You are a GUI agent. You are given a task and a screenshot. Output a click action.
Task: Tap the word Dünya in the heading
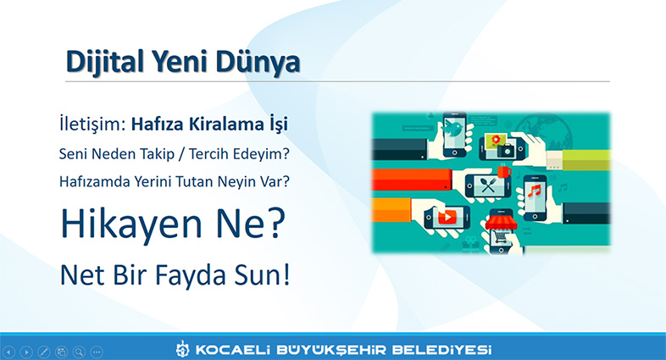(x=258, y=61)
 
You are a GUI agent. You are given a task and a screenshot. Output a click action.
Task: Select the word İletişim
(x=92, y=125)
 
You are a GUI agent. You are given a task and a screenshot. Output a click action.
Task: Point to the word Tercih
(x=209, y=153)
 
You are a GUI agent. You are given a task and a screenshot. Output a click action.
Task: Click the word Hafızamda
(x=95, y=182)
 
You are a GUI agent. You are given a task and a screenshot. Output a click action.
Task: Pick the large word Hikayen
(x=130, y=224)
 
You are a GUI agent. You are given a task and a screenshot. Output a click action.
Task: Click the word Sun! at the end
(x=262, y=274)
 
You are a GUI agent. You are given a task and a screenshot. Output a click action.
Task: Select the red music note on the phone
(x=534, y=191)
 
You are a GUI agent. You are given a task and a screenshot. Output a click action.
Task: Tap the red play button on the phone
(x=447, y=217)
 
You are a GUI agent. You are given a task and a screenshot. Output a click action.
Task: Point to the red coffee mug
(x=505, y=172)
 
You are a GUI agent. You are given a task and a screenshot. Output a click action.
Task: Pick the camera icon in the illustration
(x=506, y=150)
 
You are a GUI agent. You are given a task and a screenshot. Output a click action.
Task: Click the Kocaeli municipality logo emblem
(x=183, y=349)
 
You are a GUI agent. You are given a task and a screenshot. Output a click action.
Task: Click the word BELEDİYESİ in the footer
(x=441, y=350)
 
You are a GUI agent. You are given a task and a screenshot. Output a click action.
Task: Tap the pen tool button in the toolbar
(x=44, y=352)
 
